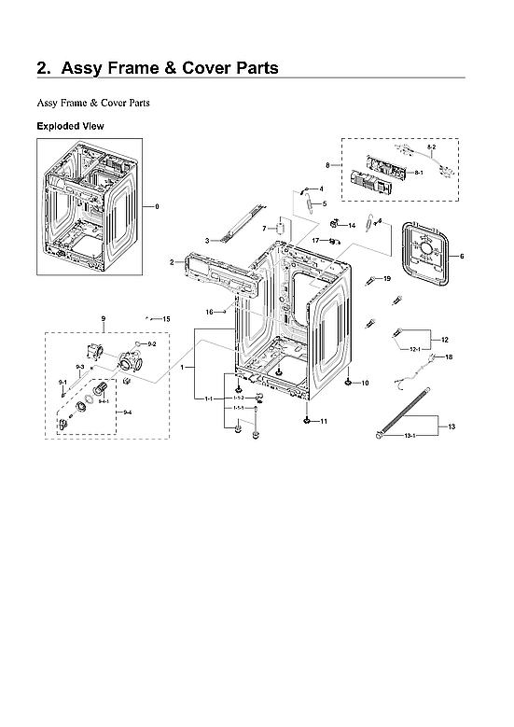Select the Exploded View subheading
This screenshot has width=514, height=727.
point(70,125)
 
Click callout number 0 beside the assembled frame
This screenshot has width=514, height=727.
point(157,205)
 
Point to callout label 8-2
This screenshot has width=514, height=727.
point(431,148)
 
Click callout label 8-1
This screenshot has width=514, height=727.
point(419,173)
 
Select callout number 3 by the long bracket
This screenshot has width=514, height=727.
point(206,241)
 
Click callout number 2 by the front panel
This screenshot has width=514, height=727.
point(173,263)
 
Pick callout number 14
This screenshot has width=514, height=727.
point(352,226)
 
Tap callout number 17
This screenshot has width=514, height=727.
point(316,241)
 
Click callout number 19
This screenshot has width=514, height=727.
point(387,279)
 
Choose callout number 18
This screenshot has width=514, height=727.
point(447,357)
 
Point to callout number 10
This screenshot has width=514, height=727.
point(365,384)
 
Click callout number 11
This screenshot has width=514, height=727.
point(324,422)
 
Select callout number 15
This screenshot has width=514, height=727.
point(166,320)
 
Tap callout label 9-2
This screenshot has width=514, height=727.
point(151,344)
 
